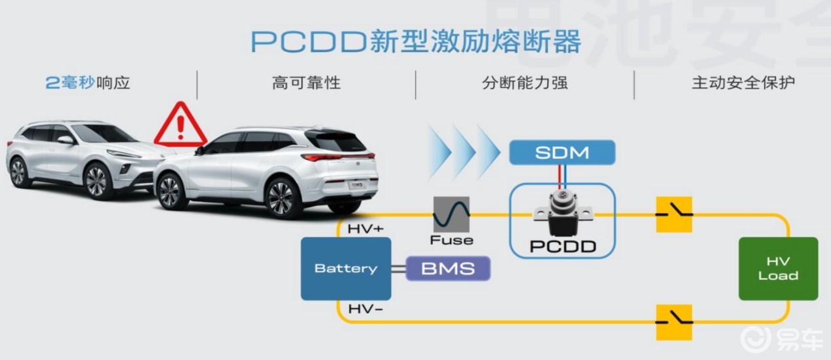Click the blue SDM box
[562, 152]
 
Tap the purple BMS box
[448, 268]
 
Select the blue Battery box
[346, 268]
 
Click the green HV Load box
[779, 268]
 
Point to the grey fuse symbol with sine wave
[451, 214]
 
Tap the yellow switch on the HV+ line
[674, 214]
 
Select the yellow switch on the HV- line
[674, 322]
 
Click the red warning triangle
[180, 125]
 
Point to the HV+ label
[366, 229]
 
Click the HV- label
[365, 309]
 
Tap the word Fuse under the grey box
[451, 240]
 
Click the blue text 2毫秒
[70, 83]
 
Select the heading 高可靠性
[306, 83]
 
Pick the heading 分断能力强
[525, 83]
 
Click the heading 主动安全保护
[744, 83]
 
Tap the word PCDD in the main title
[309, 41]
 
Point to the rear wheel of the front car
[281, 197]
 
